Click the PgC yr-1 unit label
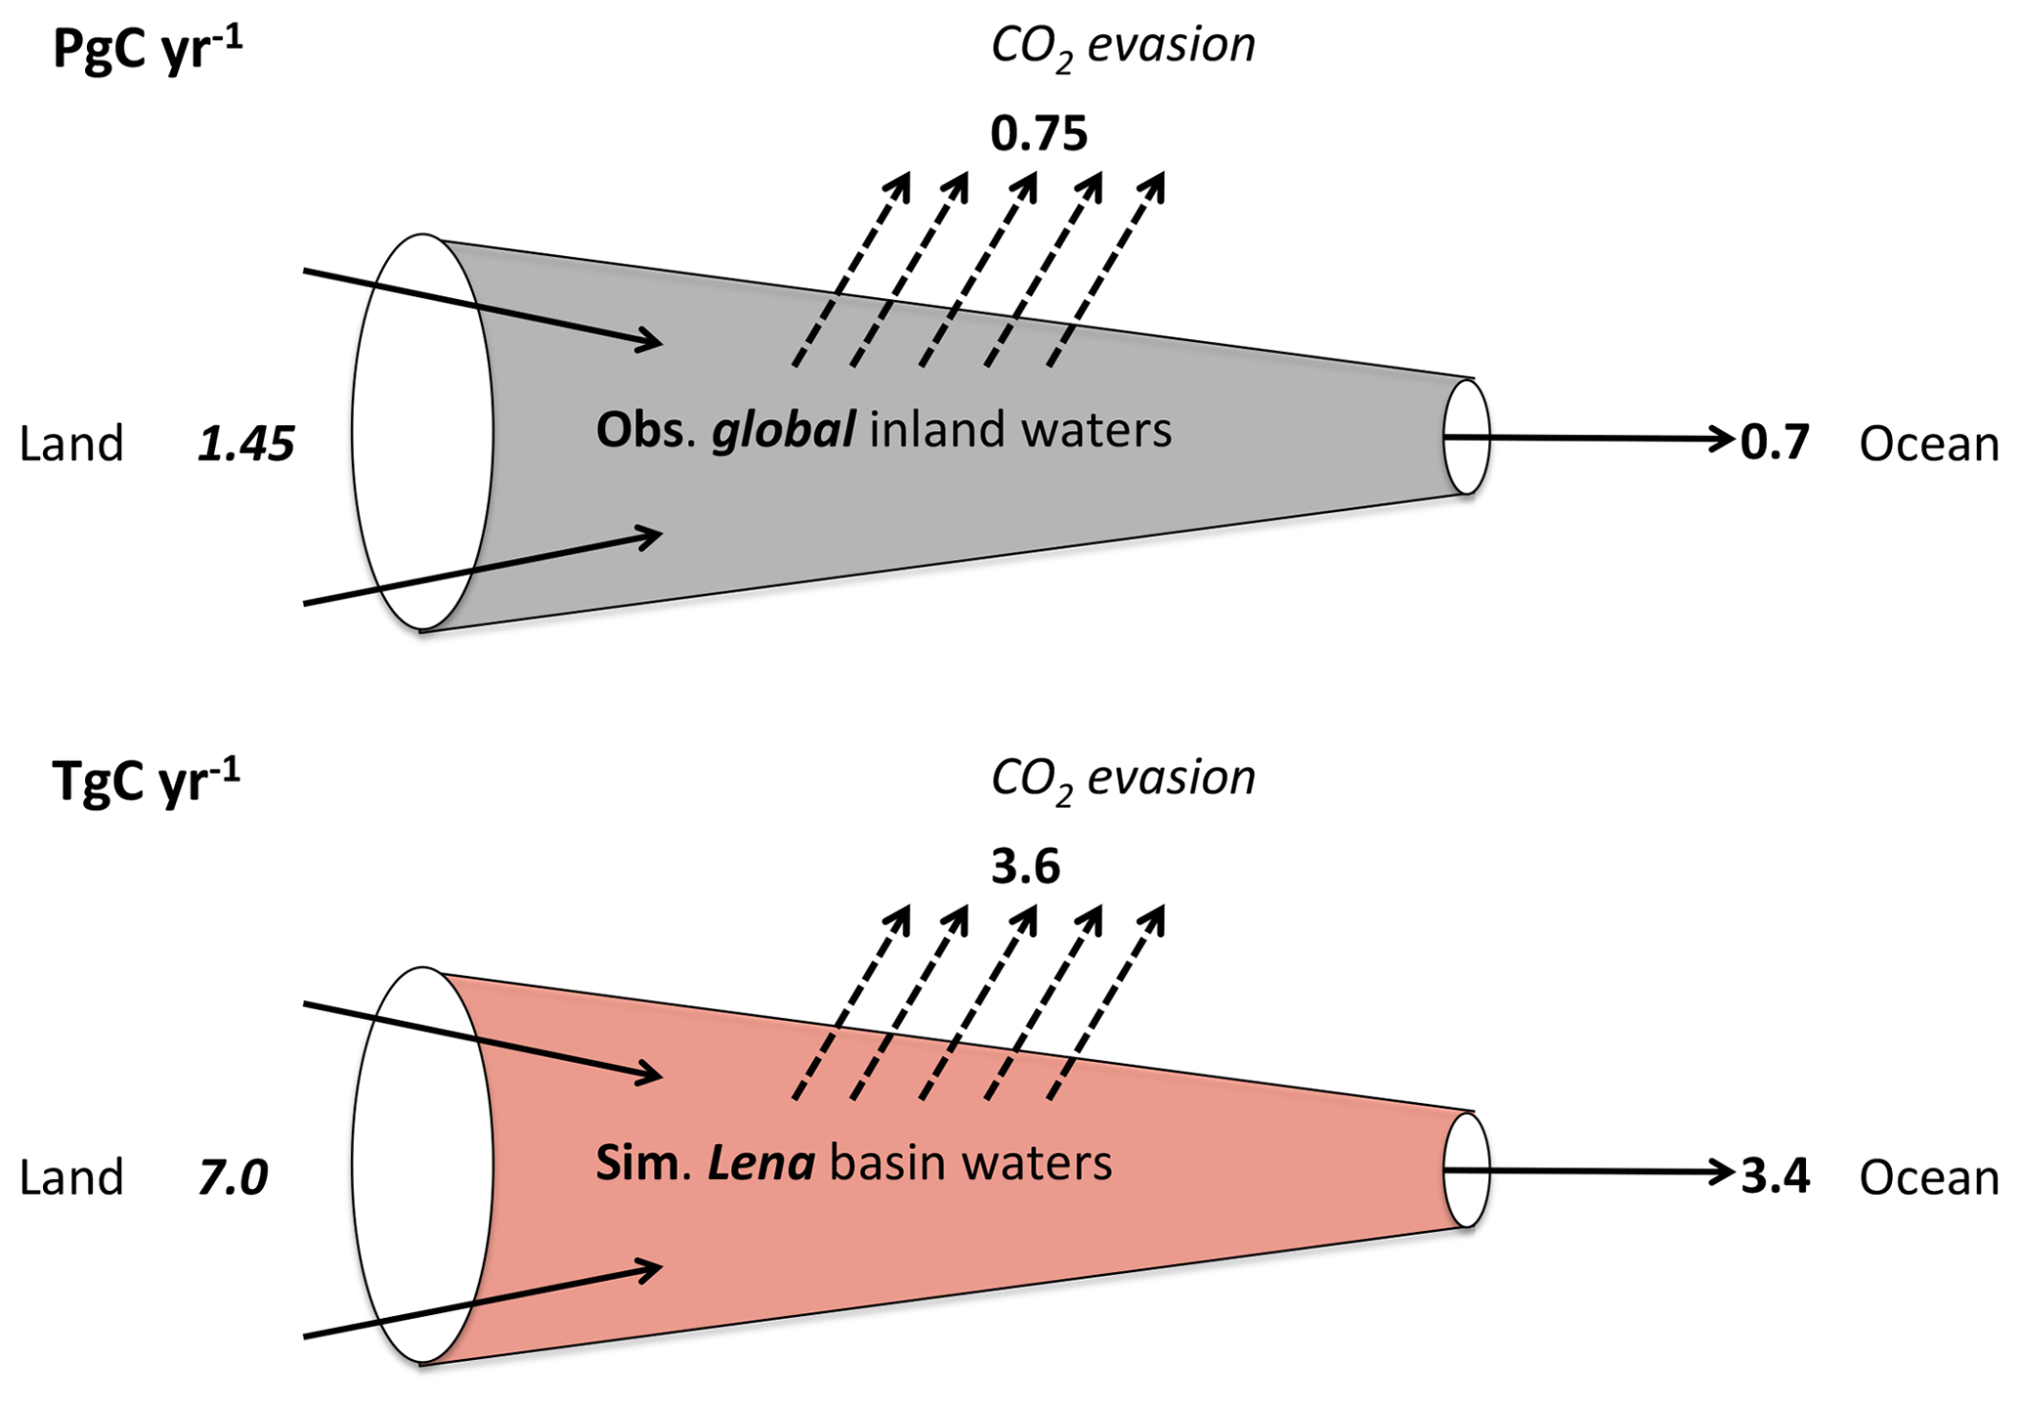click(147, 49)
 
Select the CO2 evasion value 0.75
click(1038, 134)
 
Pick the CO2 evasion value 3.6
click(1025, 868)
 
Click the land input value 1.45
click(246, 446)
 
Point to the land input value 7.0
click(233, 1178)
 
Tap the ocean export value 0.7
click(1775, 444)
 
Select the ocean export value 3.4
click(1776, 1177)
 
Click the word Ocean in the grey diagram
click(1928, 445)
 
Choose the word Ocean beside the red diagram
click(1928, 1178)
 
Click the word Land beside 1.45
click(71, 445)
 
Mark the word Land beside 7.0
click(71, 1178)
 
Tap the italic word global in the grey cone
click(784, 431)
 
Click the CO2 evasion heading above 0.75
click(1122, 46)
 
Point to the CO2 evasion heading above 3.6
click(1122, 780)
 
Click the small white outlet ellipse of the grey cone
click(1467, 437)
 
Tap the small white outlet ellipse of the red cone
click(1467, 1170)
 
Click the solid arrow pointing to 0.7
click(1603, 438)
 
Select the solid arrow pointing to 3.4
click(1603, 1170)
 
